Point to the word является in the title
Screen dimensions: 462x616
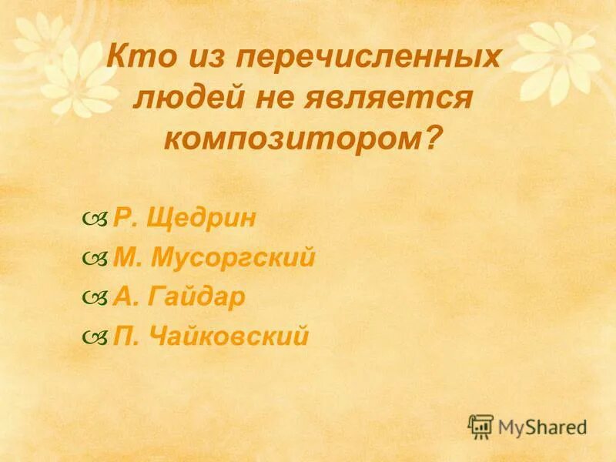401,98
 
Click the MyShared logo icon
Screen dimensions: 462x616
480,425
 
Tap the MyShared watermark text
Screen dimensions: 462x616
542,426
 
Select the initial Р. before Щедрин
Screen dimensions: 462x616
125,219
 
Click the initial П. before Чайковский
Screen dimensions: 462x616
126,336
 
